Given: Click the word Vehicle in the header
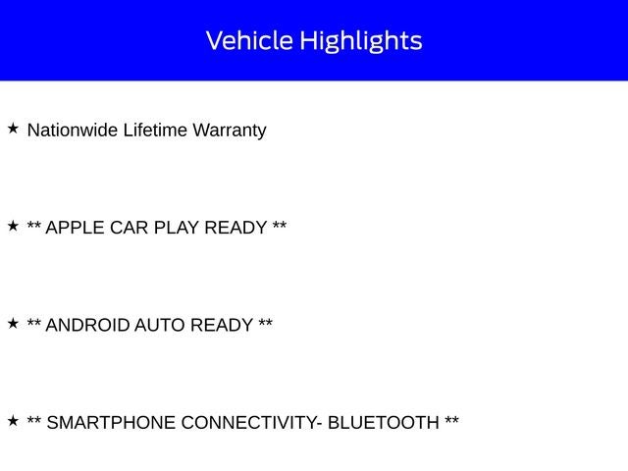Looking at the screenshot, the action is (x=249, y=40).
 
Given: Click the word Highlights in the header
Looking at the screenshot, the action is (x=361, y=41).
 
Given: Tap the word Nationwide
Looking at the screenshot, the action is (x=72, y=131).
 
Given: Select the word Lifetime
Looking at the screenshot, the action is (x=155, y=131).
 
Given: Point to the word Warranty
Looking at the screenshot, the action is (x=230, y=131).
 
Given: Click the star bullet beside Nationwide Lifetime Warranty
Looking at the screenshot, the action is (x=13, y=129).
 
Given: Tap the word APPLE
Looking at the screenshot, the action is (x=75, y=228).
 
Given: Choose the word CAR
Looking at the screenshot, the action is (x=129, y=228).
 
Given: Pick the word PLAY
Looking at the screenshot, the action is (x=177, y=228).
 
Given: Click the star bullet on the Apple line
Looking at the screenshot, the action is (x=13, y=226).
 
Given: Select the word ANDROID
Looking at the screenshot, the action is (x=87, y=325).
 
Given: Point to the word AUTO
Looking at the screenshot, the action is (x=159, y=325).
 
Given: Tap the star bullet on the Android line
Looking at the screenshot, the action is (x=13, y=323).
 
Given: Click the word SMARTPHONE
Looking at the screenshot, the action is (x=111, y=423).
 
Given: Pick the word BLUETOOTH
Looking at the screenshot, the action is (x=384, y=423).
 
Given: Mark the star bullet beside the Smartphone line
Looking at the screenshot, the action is (x=13, y=421).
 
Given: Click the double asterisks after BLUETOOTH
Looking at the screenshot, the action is (x=451, y=420).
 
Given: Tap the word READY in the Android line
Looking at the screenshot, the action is (x=222, y=325).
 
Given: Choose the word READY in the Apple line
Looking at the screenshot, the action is (x=235, y=228).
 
